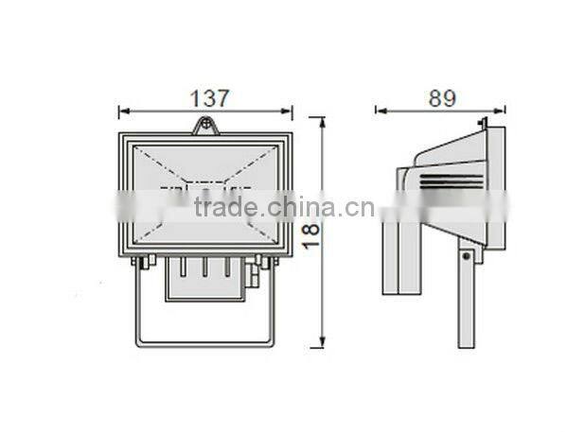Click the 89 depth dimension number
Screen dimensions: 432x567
(x=441, y=96)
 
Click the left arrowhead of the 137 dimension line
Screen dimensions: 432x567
(x=122, y=112)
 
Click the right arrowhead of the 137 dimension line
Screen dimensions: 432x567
(x=289, y=112)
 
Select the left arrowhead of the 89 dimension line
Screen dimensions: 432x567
(x=380, y=111)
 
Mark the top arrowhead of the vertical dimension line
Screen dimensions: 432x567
(x=323, y=122)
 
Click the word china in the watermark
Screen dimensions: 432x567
(x=297, y=209)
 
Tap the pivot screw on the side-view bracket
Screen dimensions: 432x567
(x=465, y=252)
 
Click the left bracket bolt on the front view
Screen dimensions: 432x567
(x=141, y=263)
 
